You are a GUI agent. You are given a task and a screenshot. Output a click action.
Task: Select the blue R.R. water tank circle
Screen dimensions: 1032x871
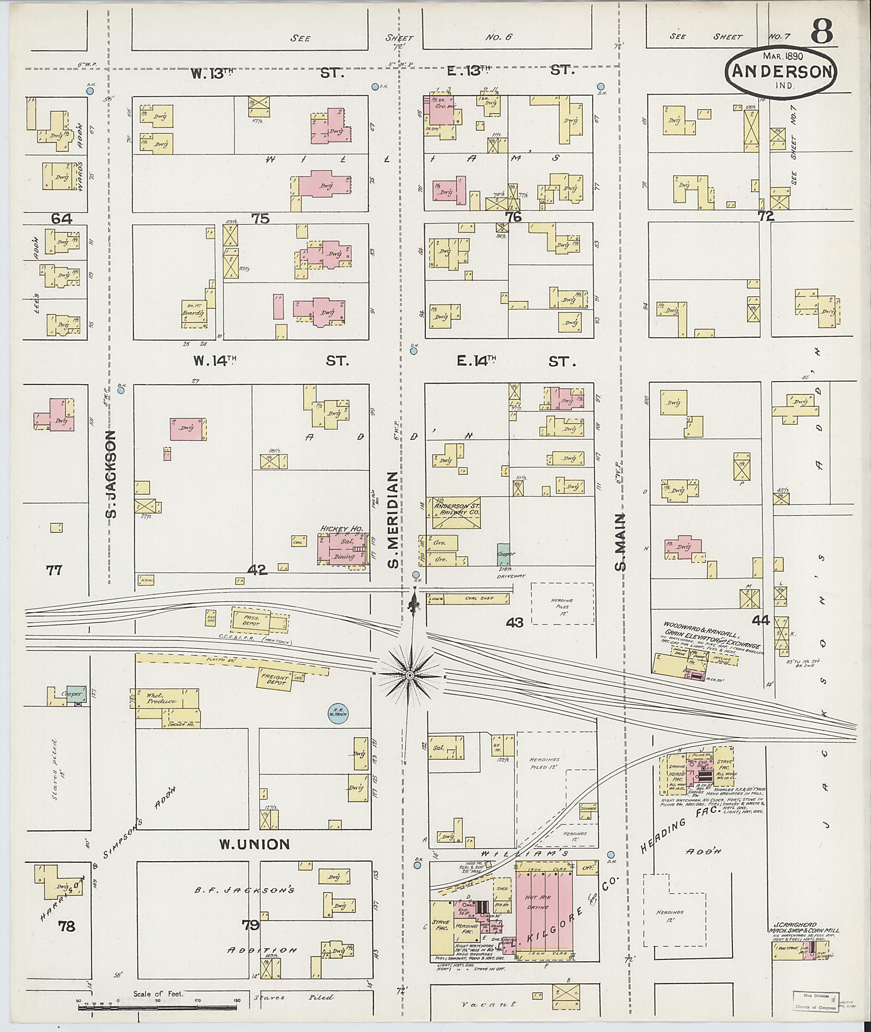point(338,713)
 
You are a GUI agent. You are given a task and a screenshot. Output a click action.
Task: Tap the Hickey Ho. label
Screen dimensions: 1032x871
point(342,529)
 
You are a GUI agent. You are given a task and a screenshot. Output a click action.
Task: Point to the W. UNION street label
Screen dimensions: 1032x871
point(254,845)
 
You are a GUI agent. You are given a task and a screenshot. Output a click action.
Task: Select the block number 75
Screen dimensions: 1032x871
point(261,218)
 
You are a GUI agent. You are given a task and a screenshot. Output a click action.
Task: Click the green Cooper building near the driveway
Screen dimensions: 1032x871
point(503,554)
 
